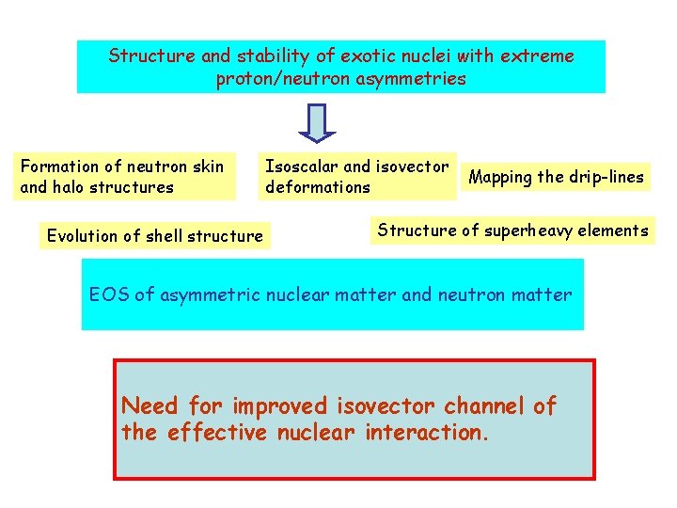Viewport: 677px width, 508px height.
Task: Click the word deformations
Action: [318, 187]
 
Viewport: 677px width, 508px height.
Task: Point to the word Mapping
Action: [500, 177]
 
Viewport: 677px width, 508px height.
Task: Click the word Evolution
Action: [82, 236]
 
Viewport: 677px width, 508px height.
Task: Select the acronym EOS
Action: [109, 294]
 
